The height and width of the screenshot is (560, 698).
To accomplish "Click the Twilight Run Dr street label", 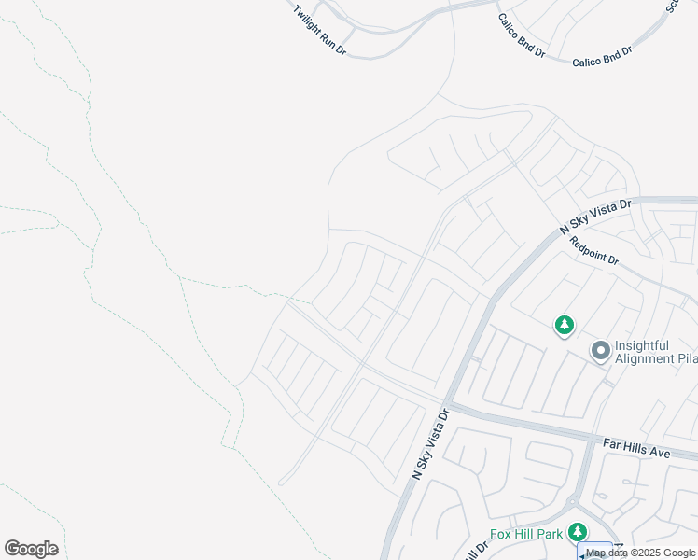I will pos(319,32).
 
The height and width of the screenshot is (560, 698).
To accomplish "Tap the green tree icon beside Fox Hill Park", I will pos(578,532).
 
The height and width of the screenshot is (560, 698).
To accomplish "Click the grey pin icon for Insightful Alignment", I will pos(600,351).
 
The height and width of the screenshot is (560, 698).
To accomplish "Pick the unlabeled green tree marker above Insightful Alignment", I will pos(564,326).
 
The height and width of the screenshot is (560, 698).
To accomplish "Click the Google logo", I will pos(31,549).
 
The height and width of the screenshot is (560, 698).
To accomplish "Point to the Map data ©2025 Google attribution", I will pos(640,553).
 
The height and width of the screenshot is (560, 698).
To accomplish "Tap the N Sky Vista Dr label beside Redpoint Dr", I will pos(595,216).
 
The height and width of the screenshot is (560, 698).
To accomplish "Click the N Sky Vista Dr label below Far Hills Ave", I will pos(430,444).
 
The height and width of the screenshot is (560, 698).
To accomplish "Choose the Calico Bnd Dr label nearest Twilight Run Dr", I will pos(521,35).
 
